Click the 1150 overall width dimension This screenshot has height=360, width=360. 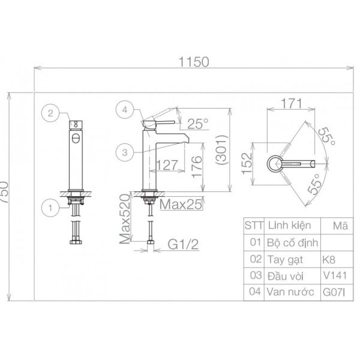point(194,62)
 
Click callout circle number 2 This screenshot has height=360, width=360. point(50,113)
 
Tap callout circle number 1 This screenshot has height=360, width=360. point(50,208)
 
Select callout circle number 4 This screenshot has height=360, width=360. point(125,110)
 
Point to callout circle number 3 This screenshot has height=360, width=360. point(125,152)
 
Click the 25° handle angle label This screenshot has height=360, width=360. point(198,124)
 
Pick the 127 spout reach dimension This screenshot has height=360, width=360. point(167,165)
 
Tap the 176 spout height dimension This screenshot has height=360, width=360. point(197,167)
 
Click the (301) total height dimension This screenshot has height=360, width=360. point(222,149)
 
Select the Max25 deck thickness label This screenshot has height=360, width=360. point(181,205)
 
